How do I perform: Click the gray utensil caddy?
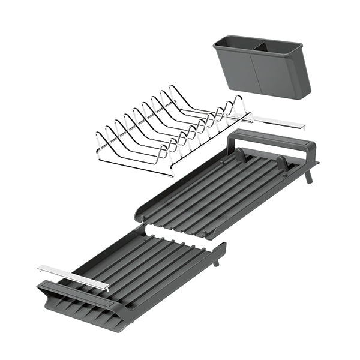(264, 69)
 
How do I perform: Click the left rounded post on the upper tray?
(239, 155)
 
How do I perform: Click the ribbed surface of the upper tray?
(222, 192)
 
